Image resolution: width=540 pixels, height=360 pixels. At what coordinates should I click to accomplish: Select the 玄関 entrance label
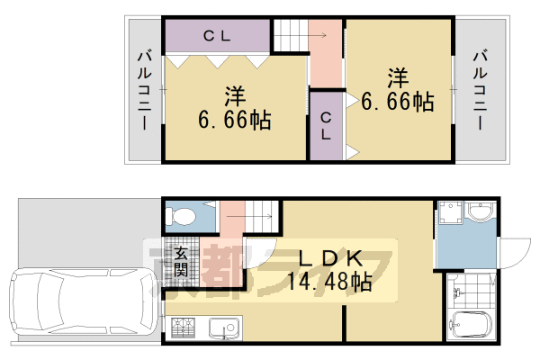pyautogui.click(x=181, y=261)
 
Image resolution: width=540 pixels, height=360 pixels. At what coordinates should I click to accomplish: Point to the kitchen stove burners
pyautogui.click(x=183, y=328)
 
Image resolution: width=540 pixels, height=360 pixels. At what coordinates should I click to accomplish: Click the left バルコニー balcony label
pyautogui.click(x=144, y=90)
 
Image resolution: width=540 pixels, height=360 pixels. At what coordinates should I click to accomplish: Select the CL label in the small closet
pyautogui.click(x=326, y=126)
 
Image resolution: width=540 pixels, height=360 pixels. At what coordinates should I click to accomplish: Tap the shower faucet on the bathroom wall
pyautogui.click(x=460, y=292)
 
